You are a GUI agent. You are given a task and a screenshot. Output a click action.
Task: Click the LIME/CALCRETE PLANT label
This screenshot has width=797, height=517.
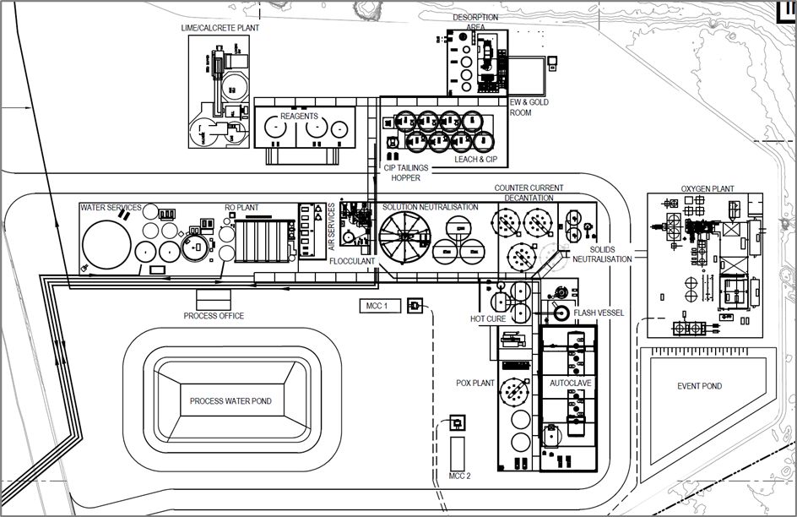220,28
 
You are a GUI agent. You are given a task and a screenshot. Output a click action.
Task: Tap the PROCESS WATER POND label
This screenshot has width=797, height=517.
230,401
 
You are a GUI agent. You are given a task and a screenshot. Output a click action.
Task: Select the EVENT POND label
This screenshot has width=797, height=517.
699,386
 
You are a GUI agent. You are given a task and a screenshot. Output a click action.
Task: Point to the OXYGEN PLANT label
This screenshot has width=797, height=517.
708,188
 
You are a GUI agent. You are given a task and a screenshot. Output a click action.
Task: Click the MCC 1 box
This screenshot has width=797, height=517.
380,306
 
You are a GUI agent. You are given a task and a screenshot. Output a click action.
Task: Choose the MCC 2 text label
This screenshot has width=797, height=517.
459,476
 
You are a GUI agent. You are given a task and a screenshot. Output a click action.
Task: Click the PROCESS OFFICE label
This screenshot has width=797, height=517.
214,316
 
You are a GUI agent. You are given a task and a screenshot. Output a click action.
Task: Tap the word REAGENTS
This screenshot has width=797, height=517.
299,116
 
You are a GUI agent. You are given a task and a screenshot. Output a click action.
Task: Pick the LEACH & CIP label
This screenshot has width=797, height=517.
476,159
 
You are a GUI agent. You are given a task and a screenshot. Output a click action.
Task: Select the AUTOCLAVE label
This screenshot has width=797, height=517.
570,383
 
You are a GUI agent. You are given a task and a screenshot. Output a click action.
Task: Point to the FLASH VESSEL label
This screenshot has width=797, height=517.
599,313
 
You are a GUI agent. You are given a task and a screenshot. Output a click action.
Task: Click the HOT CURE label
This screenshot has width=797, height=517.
488,318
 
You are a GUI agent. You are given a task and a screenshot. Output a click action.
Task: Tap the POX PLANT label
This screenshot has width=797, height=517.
475,383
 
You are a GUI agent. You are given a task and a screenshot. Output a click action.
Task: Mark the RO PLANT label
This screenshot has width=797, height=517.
241,208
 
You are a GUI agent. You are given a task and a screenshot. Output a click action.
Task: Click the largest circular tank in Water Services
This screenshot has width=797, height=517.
106,244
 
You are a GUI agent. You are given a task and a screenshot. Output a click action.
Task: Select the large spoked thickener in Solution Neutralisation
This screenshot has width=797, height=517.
405,237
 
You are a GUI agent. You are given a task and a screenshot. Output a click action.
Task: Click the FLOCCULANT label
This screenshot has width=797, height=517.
352,261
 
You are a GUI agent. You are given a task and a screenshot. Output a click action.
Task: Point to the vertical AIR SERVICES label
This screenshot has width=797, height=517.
332,226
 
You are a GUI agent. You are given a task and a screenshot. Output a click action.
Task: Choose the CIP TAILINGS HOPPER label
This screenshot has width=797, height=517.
405,173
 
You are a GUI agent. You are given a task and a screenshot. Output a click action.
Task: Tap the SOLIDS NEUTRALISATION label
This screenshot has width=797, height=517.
602,254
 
